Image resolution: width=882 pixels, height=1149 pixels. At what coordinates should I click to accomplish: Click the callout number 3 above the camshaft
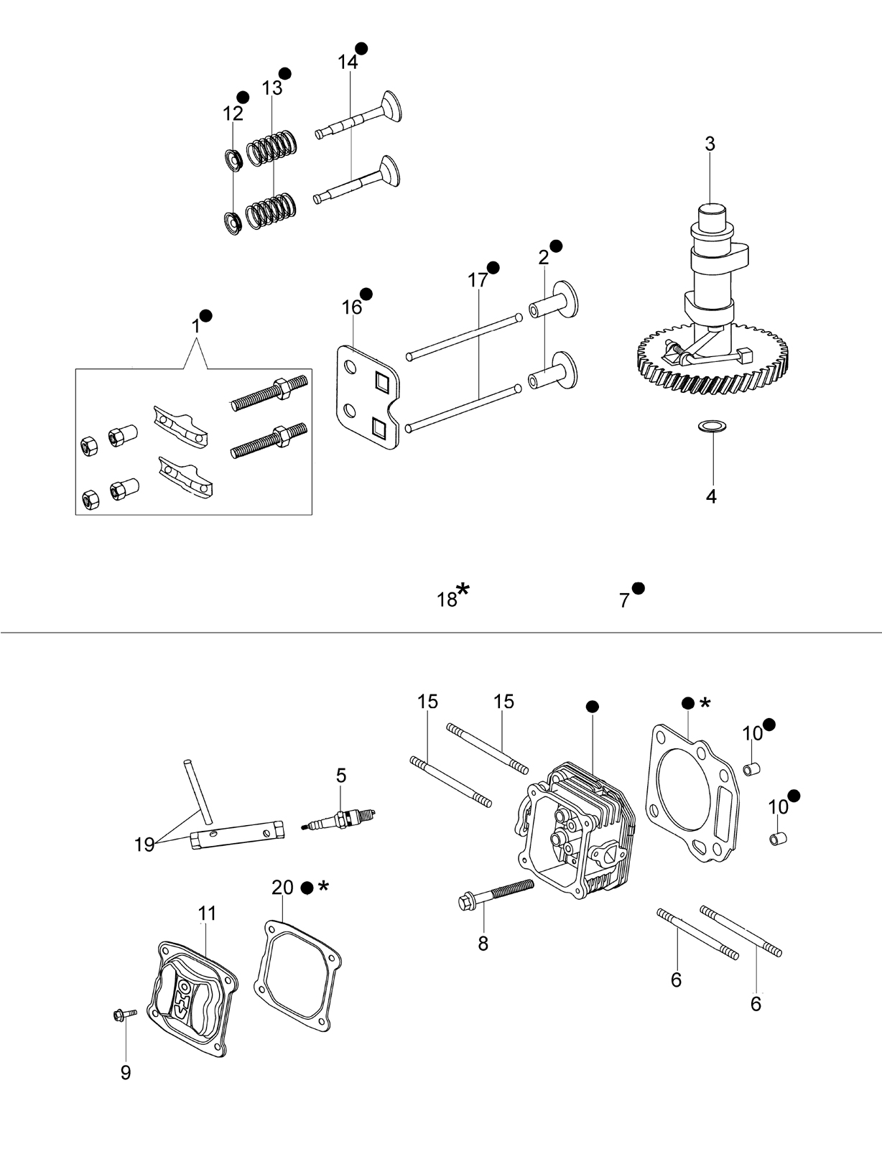[x=710, y=144]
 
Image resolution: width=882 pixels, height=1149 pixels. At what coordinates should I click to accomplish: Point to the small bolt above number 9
[x=125, y=1014]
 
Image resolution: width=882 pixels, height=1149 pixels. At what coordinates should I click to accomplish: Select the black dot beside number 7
[x=639, y=588]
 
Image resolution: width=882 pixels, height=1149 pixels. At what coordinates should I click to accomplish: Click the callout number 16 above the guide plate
[x=352, y=307]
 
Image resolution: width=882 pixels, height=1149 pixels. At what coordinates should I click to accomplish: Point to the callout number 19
[x=144, y=845]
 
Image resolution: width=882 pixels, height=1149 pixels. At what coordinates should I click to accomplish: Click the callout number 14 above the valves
[x=348, y=62]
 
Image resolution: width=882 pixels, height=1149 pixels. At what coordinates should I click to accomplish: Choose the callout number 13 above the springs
[x=271, y=88]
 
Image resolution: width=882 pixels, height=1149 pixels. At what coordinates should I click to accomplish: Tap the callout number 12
[x=233, y=113]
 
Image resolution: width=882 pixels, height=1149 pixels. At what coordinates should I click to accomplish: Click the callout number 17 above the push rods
[x=478, y=280]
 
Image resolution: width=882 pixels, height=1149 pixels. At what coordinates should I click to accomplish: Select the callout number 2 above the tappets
[x=544, y=258]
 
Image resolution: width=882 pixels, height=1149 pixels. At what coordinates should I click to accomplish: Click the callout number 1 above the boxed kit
[x=195, y=326]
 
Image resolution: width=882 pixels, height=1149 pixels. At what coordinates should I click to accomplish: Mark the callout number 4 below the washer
[x=711, y=496]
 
